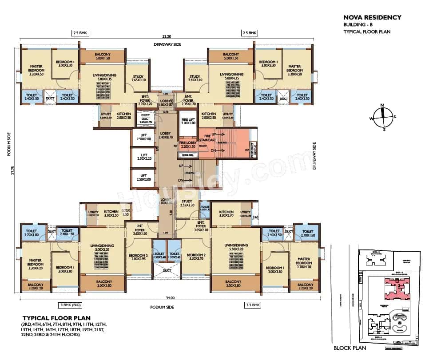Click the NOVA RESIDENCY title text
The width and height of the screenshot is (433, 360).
tap(372, 17)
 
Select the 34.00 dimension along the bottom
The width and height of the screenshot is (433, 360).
tap(170, 298)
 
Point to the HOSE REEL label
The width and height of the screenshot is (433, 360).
tap(187, 155)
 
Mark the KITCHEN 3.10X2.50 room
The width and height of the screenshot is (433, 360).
tap(111, 214)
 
